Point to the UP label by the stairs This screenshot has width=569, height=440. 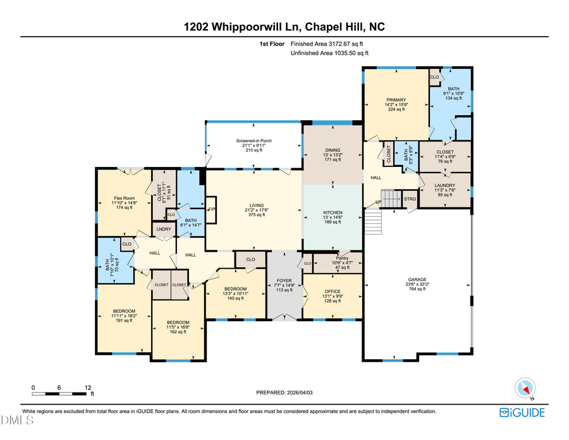tap(379, 203)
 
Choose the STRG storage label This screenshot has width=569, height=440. tap(410, 199)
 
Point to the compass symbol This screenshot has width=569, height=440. tap(525, 388)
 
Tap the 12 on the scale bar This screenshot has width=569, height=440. tap(88, 387)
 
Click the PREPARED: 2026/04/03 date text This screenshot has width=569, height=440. tap(284, 393)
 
